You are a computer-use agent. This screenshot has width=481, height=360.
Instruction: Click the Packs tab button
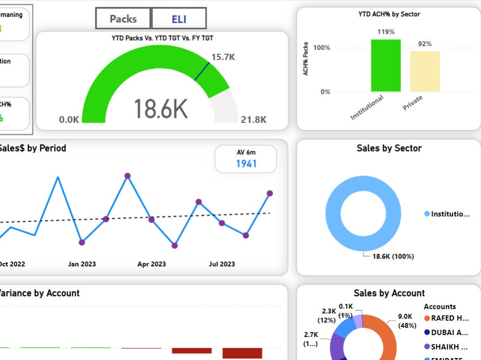[x=123, y=19]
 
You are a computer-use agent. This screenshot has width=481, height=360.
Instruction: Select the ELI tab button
[x=179, y=19]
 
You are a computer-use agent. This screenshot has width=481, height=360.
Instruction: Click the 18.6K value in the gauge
[x=160, y=108]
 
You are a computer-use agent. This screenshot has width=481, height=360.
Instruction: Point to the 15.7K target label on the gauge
[x=223, y=57]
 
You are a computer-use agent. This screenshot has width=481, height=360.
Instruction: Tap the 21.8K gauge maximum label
[x=253, y=120]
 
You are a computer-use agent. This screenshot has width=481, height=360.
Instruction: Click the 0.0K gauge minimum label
[x=69, y=120]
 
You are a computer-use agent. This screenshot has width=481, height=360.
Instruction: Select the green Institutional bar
[x=385, y=65]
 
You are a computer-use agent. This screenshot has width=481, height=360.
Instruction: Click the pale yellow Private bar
[x=425, y=71]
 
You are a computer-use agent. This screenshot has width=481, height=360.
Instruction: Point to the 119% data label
[x=386, y=32]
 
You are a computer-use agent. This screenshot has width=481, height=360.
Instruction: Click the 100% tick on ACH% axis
[x=322, y=48]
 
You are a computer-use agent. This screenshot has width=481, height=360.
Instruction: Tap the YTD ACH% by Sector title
[x=389, y=14]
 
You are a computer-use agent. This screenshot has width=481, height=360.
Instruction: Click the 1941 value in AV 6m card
[x=246, y=164]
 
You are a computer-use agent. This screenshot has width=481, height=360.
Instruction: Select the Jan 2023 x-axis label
[x=82, y=264]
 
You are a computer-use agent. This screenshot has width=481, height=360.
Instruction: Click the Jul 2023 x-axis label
[x=222, y=264]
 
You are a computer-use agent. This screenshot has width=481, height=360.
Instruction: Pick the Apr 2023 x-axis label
[x=152, y=264]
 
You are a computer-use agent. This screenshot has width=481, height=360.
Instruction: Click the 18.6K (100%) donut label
[x=393, y=256]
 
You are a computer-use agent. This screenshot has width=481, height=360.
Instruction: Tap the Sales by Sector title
[x=389, y=148]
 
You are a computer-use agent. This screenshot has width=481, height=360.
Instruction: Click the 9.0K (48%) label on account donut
[x=405, y=321]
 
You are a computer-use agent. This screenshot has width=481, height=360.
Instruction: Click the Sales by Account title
[x=389, y=293]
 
